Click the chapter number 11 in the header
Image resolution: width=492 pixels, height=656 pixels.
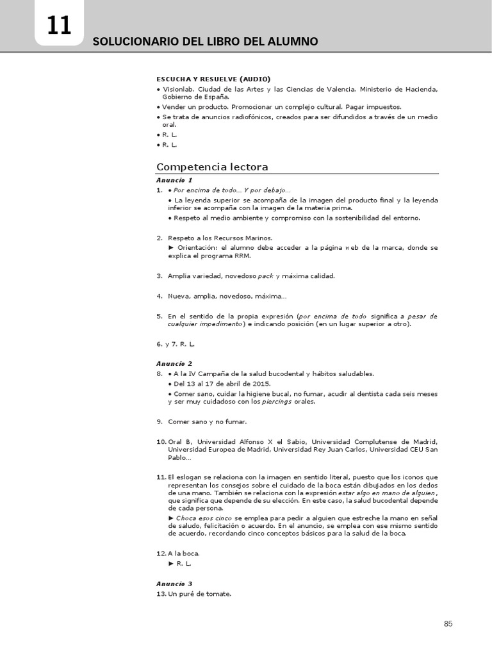59,26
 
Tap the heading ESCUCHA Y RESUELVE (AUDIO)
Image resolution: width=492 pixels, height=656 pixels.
209,78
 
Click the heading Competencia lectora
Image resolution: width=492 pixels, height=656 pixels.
212,167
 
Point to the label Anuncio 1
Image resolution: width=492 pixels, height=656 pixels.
174,180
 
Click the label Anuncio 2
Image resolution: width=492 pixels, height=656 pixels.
174,363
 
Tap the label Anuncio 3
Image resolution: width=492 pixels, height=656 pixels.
174,584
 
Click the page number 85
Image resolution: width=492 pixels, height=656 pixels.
448,624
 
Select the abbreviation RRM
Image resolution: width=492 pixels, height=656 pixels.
242,256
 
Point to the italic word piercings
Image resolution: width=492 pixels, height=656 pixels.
278,402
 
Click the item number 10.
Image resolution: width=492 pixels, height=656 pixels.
161,442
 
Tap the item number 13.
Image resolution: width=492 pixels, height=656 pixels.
161,594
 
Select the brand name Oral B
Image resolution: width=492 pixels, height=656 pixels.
180,442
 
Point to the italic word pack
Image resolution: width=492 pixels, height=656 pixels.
266,276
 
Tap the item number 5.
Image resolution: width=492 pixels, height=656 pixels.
159,316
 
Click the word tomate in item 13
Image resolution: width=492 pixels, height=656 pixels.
218,594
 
